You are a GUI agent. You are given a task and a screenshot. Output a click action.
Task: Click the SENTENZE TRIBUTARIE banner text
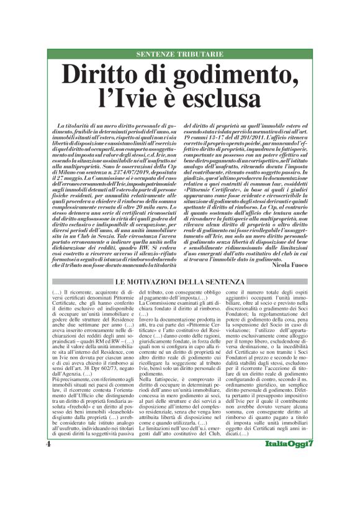pos(179,54)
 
